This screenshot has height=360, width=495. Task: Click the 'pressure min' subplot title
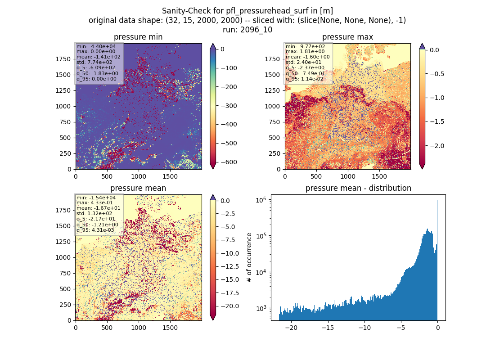point(138,37)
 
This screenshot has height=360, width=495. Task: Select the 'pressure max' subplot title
point(347,37)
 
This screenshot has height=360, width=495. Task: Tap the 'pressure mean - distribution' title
point(358,188)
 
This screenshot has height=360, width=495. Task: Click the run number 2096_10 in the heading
point(256,30)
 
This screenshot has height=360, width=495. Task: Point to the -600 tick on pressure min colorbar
point(229,162)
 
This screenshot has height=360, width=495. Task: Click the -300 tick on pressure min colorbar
point(229,106)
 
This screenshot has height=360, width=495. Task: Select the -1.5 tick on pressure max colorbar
point(437,121)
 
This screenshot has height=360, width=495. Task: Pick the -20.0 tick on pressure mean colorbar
point(230,306)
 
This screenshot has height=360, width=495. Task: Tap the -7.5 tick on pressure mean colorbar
point(228,240)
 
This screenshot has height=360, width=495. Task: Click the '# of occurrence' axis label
point(249,258)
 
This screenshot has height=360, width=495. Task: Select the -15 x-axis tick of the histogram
point(328,328)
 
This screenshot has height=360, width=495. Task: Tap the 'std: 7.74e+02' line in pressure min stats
point(94,62)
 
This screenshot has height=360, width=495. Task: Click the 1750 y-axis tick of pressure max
point(272,59)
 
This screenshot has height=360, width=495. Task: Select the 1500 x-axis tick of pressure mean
point(170,328)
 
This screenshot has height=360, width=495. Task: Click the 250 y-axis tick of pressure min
point(65,153)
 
